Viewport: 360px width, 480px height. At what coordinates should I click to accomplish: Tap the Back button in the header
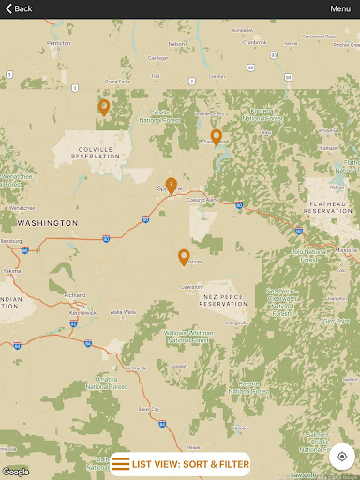click(19, 8)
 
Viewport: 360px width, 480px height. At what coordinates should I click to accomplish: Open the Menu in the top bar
click(340, 8)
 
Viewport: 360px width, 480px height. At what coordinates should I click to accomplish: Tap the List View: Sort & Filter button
click(181, 464)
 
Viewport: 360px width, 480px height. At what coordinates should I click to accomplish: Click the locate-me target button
click(342, 457)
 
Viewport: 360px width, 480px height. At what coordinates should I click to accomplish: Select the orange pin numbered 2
click(171, 185)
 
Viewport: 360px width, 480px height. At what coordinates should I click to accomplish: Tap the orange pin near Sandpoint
click(216, 137)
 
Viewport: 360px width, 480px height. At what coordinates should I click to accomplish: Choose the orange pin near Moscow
click(184, 256)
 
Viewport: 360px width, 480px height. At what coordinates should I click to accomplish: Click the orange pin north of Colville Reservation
click(103, 107)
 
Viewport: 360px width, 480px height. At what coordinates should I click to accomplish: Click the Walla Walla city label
click(122, 311)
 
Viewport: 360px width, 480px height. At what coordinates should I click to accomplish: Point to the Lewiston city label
click(191, 286)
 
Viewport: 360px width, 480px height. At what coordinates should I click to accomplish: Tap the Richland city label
click(76, 295)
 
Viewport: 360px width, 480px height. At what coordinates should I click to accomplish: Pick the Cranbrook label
click(254, 42)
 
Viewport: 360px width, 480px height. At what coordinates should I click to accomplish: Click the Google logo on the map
click(16, 472)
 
